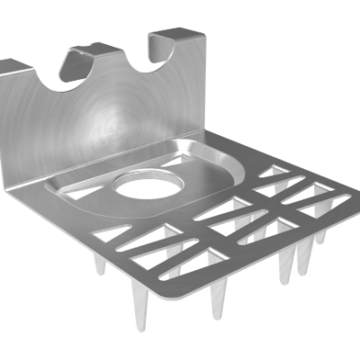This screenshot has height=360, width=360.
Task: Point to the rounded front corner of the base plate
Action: pos(218,292)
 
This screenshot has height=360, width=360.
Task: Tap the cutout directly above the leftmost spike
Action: pos(112,236)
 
